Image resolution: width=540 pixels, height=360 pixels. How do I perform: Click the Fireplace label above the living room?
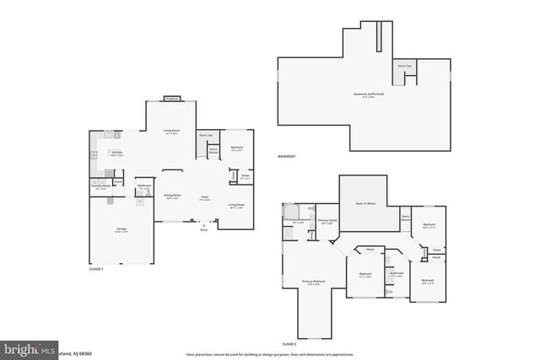click(x=172, y=99)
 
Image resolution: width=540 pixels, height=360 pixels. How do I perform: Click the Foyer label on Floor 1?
click(x=204, y=199)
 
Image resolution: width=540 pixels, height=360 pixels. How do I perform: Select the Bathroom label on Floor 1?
click(x=144, y=187)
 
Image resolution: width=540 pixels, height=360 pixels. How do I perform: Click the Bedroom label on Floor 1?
click(x=237, y=148)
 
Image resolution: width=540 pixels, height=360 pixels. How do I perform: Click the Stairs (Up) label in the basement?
click(x=403, y=64)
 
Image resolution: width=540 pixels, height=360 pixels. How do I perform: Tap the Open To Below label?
click(x=364, y=204)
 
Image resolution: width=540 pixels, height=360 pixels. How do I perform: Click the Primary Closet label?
click(x=327, y=221)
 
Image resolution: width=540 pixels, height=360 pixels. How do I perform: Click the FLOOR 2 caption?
click(x=289, y=345)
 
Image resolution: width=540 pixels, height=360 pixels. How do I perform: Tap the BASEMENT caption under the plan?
click(x=287, y=158)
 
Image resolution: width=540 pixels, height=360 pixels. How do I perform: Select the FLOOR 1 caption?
click(x=95, y=269)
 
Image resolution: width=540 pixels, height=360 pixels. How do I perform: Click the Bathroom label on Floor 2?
click(x=397, y=273)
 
